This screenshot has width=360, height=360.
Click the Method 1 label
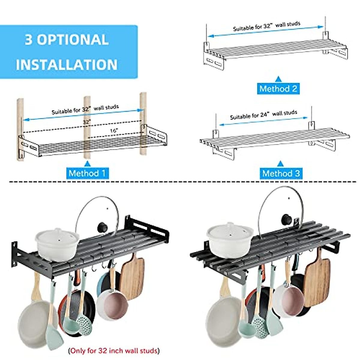[87, 173]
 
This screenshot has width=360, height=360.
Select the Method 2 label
[278, 88]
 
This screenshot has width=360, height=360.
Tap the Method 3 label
[281, 173]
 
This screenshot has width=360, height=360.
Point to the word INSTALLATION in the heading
[67, 65]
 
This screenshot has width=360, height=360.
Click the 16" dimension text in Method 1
[114, 130]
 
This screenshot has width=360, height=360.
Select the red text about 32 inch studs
[114, 350]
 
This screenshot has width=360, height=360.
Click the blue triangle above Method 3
[280, 164]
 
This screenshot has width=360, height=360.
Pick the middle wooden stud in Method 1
[87, 129]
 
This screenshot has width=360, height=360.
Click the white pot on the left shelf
[57, 243]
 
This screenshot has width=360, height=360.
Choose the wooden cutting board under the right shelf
[317, 280]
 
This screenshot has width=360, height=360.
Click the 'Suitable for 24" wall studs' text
[263, 115]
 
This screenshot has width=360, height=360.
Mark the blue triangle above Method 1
[87, 164]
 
